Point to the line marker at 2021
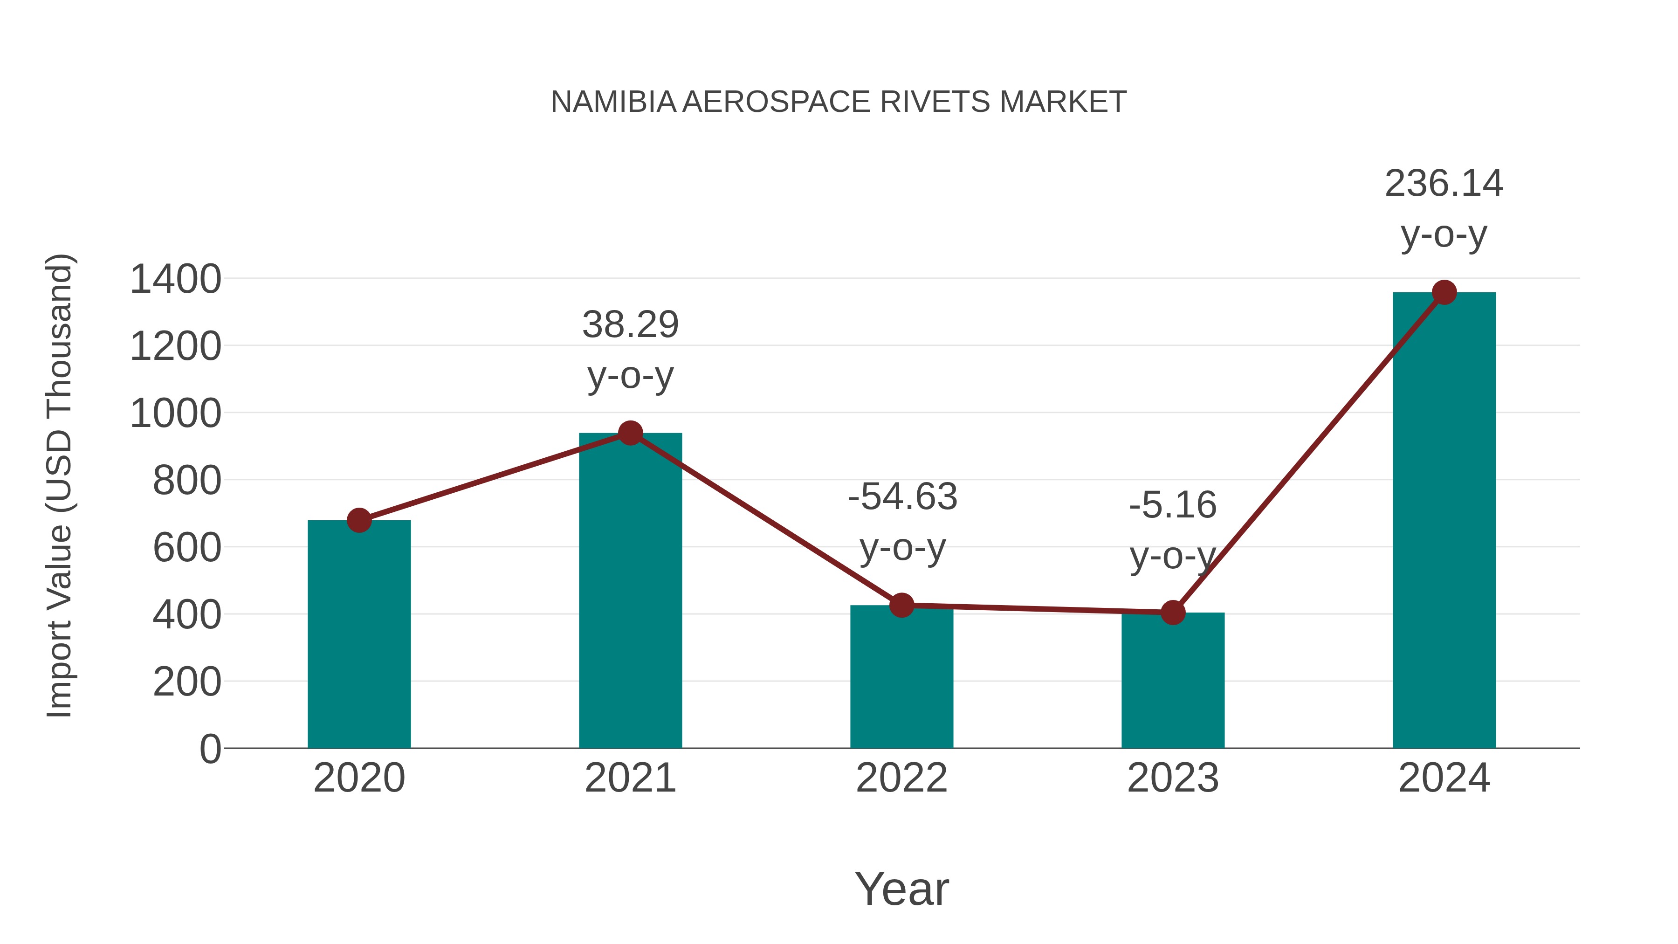click(x=630, y=433)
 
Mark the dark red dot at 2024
click(x=1444, y=292)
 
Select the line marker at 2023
click(x=1173, y=613)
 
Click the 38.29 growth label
click(x=630, y=324)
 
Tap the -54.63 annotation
click(x=902, y=497)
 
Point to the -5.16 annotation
click(x=1173, y=505)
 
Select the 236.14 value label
click(x=1444, y=183)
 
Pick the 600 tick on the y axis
click(x=187, y=547)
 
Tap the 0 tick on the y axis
click(x=210, y=749)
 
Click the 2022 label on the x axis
click(x=901, y=778)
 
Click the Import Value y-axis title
click(x=59, y=485)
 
